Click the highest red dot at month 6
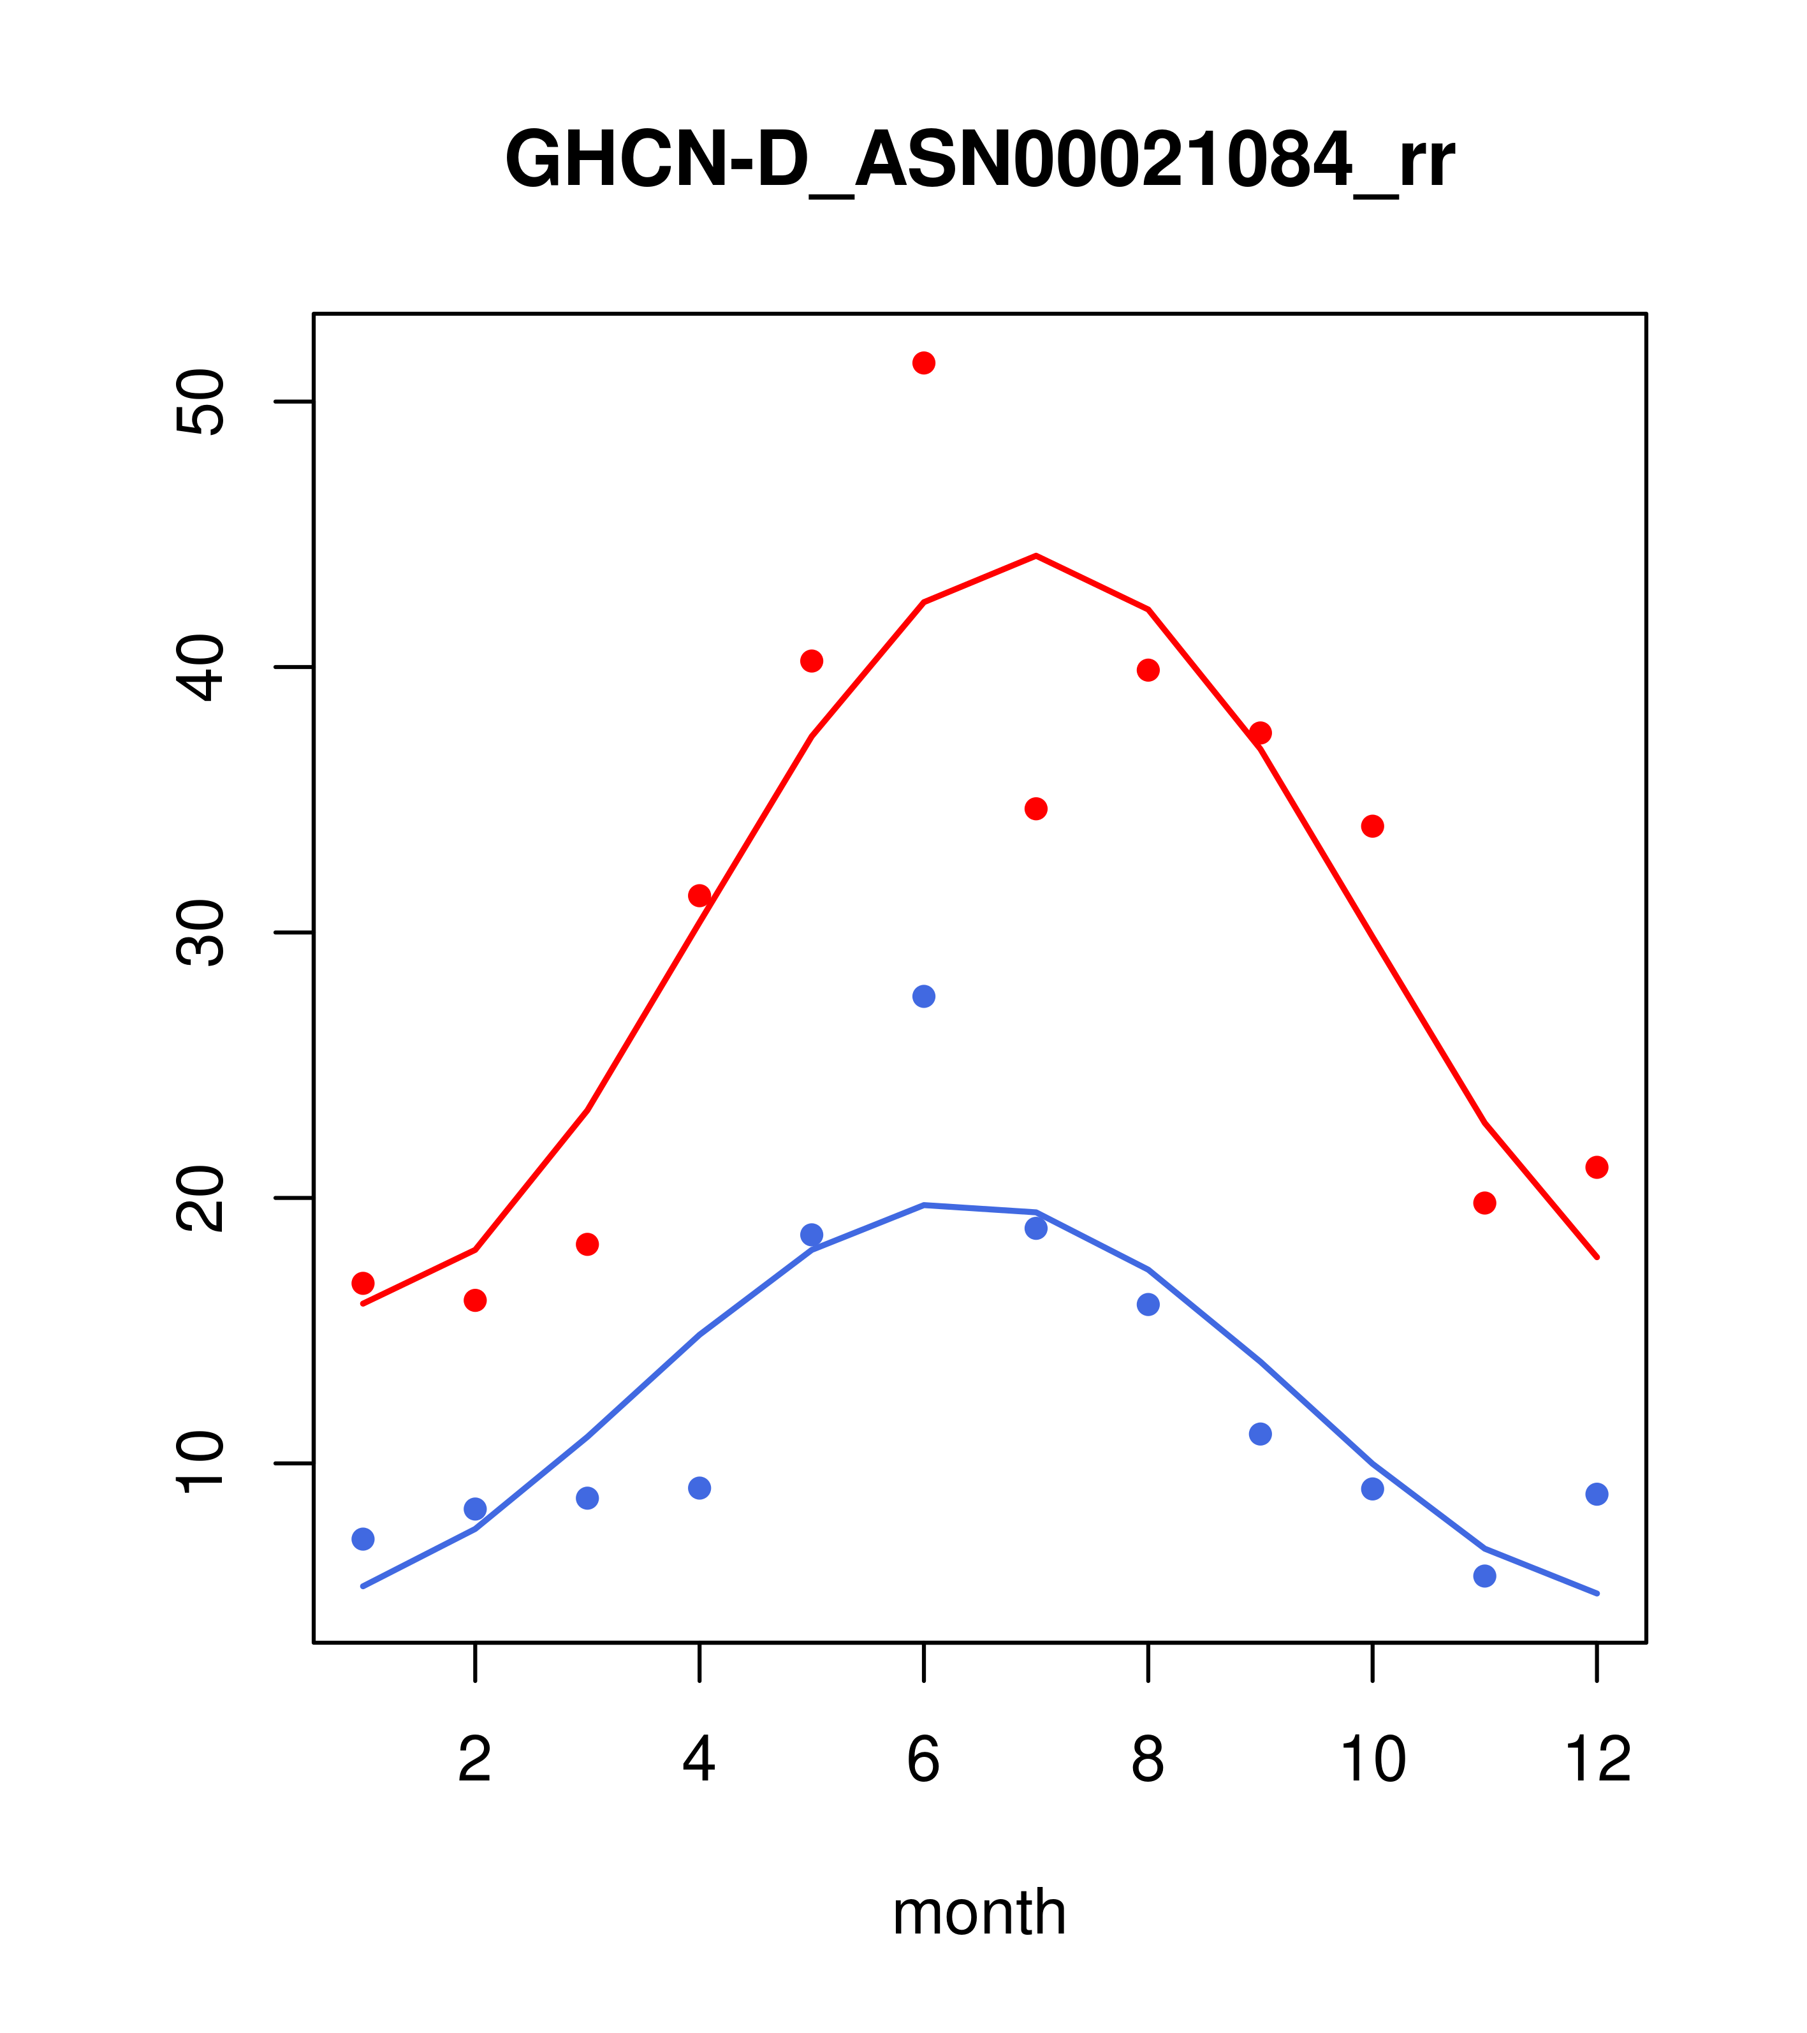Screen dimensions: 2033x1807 pyautogui.click(x=924, y=363)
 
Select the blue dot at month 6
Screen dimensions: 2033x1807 pyautogui.click(x=924, y=997)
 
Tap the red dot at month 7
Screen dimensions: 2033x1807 pyautogui.click(x=1036, y=809)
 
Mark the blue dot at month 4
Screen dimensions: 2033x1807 pyautogui.click(x=700, y=1488)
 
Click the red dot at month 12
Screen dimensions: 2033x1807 pyautogui.click(x=1597, y=1167)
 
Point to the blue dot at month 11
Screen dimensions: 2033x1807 pyautogui.click(x=1485, y=1576)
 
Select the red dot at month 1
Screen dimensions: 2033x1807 pyautogui.click(x=363, y=1283)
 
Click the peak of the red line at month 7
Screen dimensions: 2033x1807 pyautogui.click(x=1036, y=556)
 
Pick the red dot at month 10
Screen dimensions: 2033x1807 pyautogui.click(x=1372, y=826)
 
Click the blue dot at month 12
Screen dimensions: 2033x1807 pyautogui.click(x=1597, y=1494)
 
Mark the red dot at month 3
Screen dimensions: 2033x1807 pyautogui.click(x=588, y=1244)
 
